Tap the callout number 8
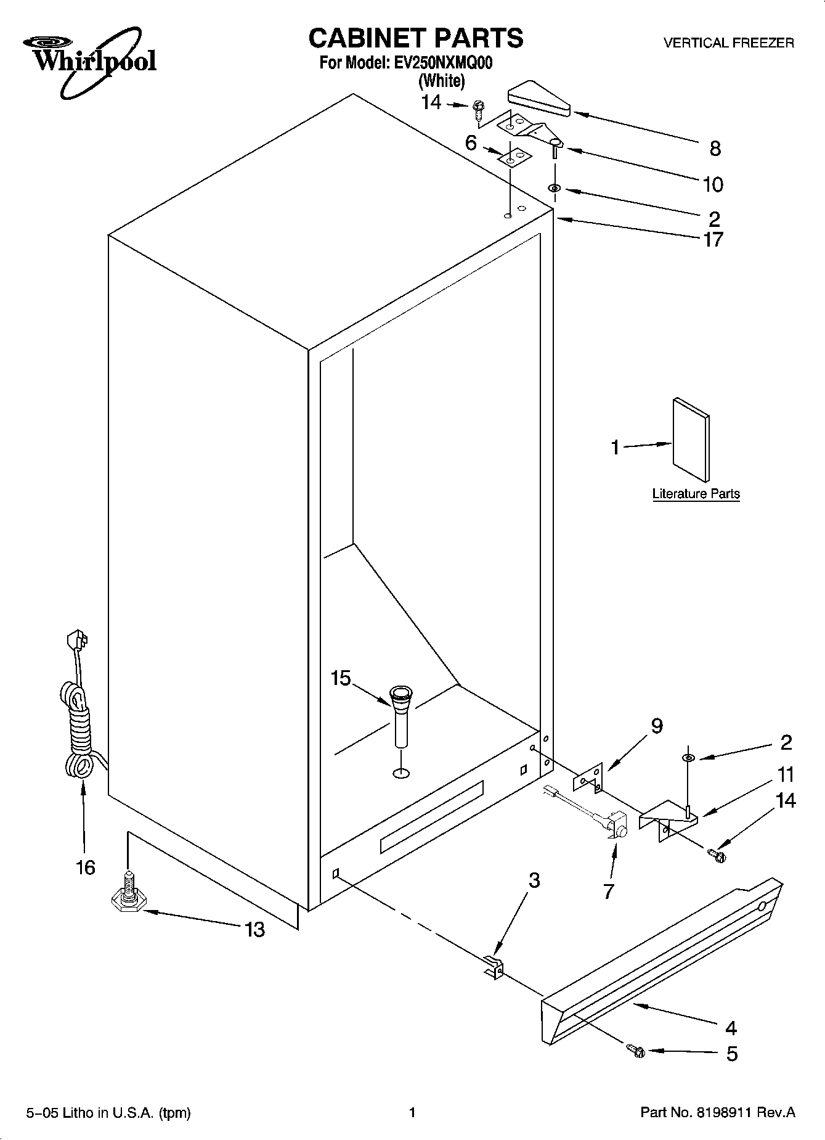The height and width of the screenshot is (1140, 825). click(x=715, y=148)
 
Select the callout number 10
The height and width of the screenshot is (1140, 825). click(x=713, y=184)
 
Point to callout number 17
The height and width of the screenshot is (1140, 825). click(x=713, y=239)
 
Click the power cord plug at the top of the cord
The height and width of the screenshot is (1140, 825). click(x=76, y=639)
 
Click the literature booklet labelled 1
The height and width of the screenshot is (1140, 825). click(x=691, y=438)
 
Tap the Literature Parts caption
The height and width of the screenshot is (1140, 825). click(x=696, y=494)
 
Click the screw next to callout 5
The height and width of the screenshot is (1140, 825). click(x=635, y=1051)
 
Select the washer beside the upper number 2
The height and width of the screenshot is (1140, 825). click(x=553, y=187)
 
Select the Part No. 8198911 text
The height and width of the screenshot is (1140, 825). click(x=718, y=1113)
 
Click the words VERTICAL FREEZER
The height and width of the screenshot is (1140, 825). click(x=728, y=43)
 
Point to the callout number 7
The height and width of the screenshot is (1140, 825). click(x=609, y=891)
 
